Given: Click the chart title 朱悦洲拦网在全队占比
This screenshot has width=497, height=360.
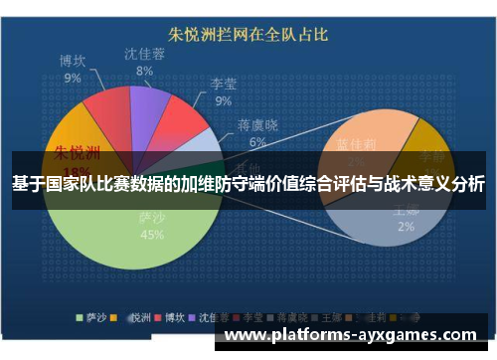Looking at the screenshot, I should pos(249,35).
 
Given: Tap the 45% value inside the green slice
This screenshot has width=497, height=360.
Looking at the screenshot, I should pos(152,236).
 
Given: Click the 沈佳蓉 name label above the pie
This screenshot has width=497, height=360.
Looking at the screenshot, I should pos(145,54).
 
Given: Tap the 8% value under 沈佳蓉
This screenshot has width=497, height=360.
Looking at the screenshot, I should pos(145,71).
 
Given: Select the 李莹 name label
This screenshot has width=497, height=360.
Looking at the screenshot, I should pos(223,83).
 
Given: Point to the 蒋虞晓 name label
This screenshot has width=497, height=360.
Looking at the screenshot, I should pos(257,125).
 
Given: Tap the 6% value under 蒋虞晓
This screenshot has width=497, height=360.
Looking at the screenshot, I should pos(257,142).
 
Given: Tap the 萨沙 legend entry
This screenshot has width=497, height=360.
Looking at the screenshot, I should pos(93,319).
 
